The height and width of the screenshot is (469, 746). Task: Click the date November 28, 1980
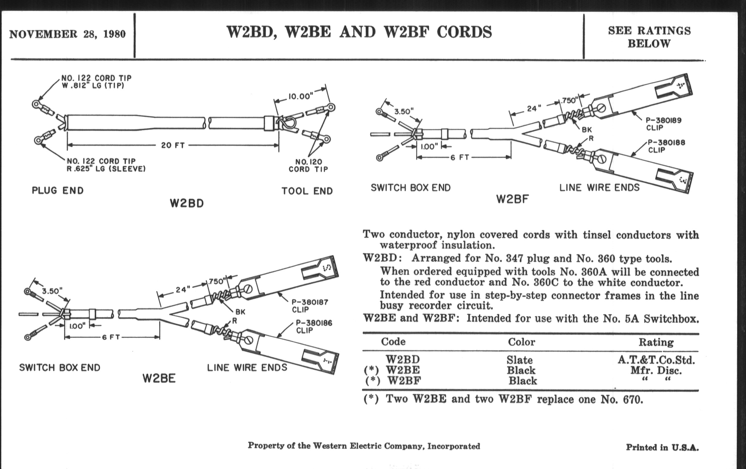[67, 34]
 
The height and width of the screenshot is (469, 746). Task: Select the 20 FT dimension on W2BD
[173, 145]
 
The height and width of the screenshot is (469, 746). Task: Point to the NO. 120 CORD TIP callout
[308, 165]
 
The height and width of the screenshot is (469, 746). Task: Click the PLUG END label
[58, 190]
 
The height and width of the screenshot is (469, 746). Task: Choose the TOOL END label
[307, 191]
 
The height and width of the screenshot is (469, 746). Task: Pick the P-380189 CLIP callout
[663, 124]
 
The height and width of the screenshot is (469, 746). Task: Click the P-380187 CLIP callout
[310, 306]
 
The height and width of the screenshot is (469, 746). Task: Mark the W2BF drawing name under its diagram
[512, 199]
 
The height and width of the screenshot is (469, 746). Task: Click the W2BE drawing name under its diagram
[159, 378]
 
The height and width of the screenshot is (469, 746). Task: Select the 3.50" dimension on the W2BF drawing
[404, 112]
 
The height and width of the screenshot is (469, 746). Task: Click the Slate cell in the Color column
[520, 360]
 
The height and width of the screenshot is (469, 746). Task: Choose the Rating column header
[656, 342]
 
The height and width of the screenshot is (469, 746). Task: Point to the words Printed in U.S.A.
[662, 447]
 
